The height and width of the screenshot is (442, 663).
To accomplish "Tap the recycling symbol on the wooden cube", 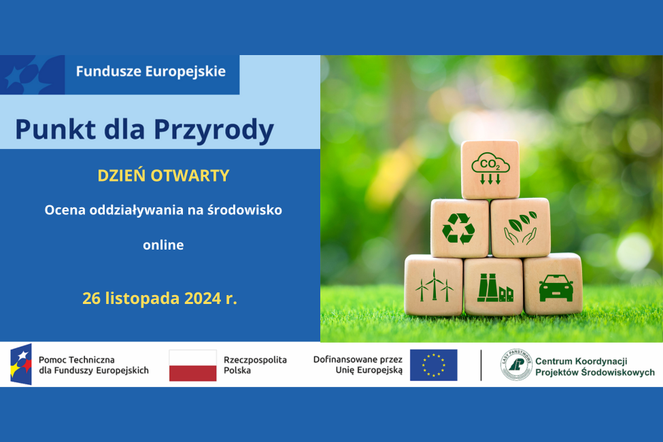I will pos(458,228).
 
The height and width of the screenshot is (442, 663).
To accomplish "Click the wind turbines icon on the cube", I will pos(434,285).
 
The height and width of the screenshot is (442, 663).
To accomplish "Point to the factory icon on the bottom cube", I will pos(494,286).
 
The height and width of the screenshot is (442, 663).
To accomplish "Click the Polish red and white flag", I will pos(192,365).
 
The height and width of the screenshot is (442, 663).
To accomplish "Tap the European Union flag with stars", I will pos(433,365).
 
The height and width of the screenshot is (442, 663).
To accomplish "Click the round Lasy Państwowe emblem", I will pos(516,365).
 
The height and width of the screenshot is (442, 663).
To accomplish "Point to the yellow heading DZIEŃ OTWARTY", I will pos(163,175).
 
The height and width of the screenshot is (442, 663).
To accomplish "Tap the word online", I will pos(163,245).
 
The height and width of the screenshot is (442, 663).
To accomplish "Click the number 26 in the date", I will pos(92,298).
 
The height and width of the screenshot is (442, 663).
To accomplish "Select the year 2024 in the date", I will pos(202,298).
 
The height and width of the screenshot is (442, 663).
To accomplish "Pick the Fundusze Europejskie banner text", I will pos(151,71).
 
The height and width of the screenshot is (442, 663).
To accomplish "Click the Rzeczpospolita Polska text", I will pos(255,365).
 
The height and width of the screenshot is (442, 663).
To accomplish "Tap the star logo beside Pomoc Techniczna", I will pos(20,364).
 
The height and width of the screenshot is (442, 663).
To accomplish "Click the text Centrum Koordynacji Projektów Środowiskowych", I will pos(594,367).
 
